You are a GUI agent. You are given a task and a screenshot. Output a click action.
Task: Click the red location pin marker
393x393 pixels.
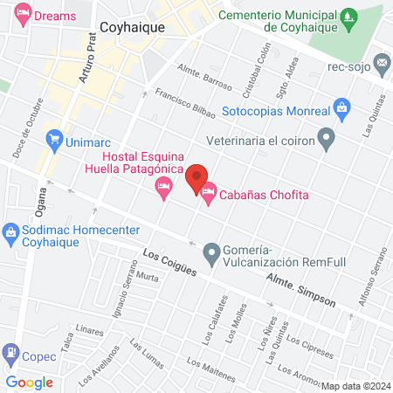point(196,176)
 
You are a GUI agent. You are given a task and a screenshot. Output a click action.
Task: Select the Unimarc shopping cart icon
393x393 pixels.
point(54,137)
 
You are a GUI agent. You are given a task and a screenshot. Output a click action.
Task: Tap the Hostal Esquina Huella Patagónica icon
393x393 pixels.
point(162,187)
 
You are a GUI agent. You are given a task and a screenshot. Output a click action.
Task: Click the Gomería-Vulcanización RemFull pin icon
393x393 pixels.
point(210,255)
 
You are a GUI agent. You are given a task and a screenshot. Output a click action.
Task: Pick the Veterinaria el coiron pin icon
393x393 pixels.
point(327,138)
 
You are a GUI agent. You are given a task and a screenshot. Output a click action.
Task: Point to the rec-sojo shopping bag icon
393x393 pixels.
point(382,65)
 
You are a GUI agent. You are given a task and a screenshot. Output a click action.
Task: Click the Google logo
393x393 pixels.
point(30,382)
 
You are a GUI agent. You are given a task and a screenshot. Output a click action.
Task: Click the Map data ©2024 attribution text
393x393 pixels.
point(355,386)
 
